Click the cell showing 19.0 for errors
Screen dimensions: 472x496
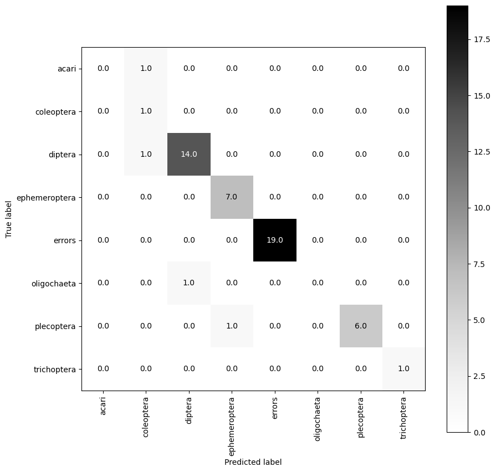pyautogui.click(x=275, y=240)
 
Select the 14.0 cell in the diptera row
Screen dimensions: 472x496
pyautogui.click(x=189, y=154)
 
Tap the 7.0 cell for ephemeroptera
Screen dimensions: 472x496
pyautogui.click(x=232, y=197)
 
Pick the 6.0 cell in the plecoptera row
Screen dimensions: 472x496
pyautogui.click(x=361, y=326)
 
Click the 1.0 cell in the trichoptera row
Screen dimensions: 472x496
pyautogui.click(x=403, y=368)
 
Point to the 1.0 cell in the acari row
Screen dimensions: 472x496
pyautogui.click(x=146, y=68)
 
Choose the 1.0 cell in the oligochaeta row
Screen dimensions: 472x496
pyautogui.click(x=189, y=283)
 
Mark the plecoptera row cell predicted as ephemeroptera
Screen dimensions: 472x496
pyautogui.click(x=232, y=326)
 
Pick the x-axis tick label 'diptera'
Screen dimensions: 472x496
pyautogui.click(x=189, y=410)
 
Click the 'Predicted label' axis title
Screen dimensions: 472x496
pyautogui.click(x=253, y=461)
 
